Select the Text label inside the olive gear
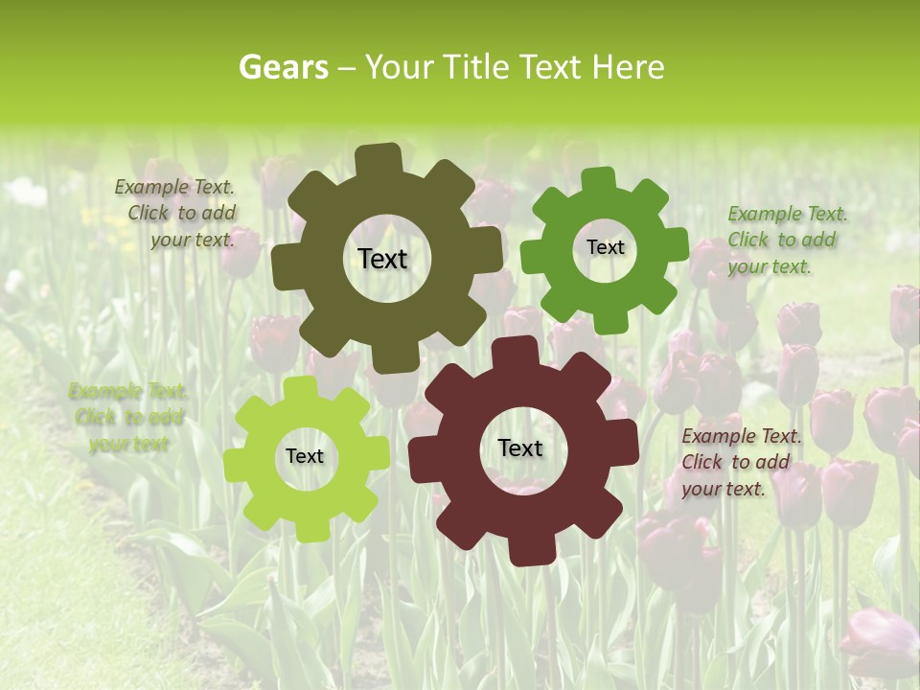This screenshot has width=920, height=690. (x=382, y=259)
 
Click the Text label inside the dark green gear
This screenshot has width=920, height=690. (x=605, y=247)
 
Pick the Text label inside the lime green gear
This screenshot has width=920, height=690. (x=305, y=456)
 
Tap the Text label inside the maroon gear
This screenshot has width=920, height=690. (x=520, y=448)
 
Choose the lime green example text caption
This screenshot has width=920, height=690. (x=128, y=417)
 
